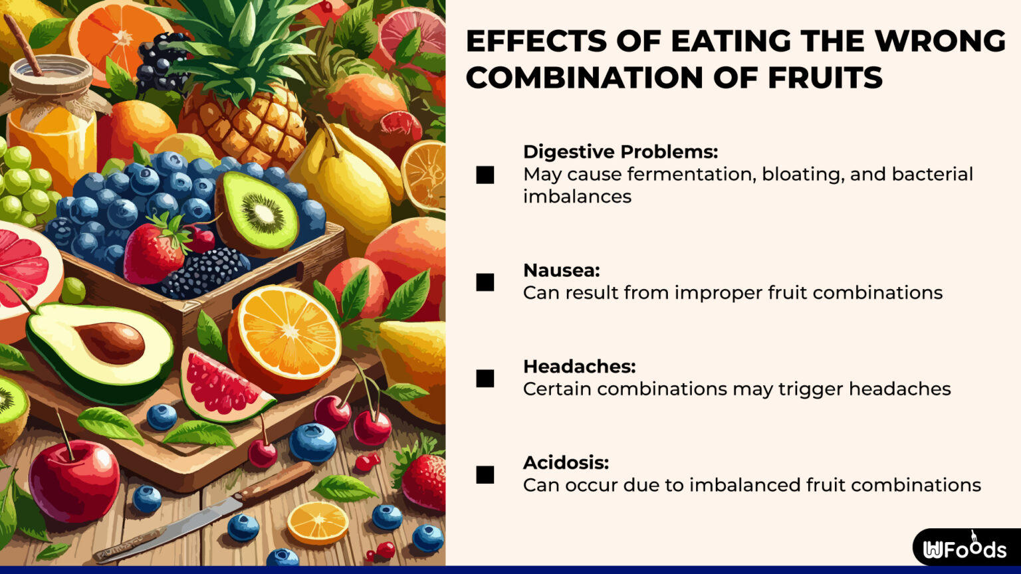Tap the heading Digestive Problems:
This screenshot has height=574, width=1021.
tap(620, 152)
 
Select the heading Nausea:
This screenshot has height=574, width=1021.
tap(561, 270)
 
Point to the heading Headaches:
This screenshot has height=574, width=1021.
tap(579, 366)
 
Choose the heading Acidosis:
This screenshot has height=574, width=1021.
tap(566, 462)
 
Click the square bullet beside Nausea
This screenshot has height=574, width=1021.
tap(485, 282)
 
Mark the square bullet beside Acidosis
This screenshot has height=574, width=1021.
tap(485, 474)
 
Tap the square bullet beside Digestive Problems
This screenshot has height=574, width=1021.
tap(485, 175)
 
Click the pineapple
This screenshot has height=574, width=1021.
tap(243, 100)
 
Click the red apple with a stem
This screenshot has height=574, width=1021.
tap(74, 480)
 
